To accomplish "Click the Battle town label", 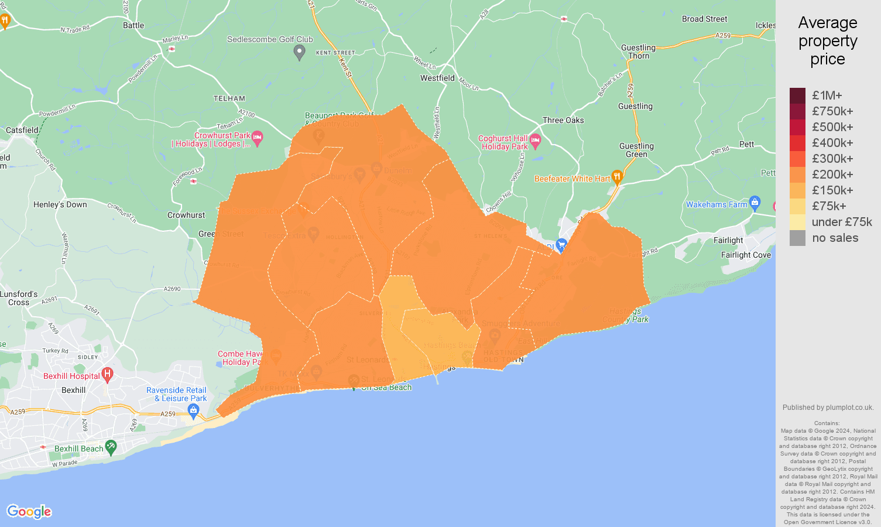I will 133,25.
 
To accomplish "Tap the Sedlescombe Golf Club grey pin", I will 299,53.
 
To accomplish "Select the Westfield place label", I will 437,78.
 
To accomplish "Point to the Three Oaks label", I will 563,120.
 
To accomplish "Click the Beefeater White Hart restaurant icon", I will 616,177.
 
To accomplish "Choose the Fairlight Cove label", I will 746,255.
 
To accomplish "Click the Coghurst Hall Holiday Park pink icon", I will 535,141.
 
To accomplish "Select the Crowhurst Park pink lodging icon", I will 258,138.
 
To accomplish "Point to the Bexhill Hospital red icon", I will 107,374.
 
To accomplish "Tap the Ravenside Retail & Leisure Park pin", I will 194,410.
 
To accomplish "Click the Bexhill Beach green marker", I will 111,447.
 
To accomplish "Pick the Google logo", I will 29,512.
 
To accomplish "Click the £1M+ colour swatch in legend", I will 797,95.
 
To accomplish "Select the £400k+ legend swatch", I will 797,143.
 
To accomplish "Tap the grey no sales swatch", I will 797,238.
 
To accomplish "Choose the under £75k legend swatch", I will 797,222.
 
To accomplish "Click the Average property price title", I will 828,41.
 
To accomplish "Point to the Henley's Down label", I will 60,204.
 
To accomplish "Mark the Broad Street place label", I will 704,19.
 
